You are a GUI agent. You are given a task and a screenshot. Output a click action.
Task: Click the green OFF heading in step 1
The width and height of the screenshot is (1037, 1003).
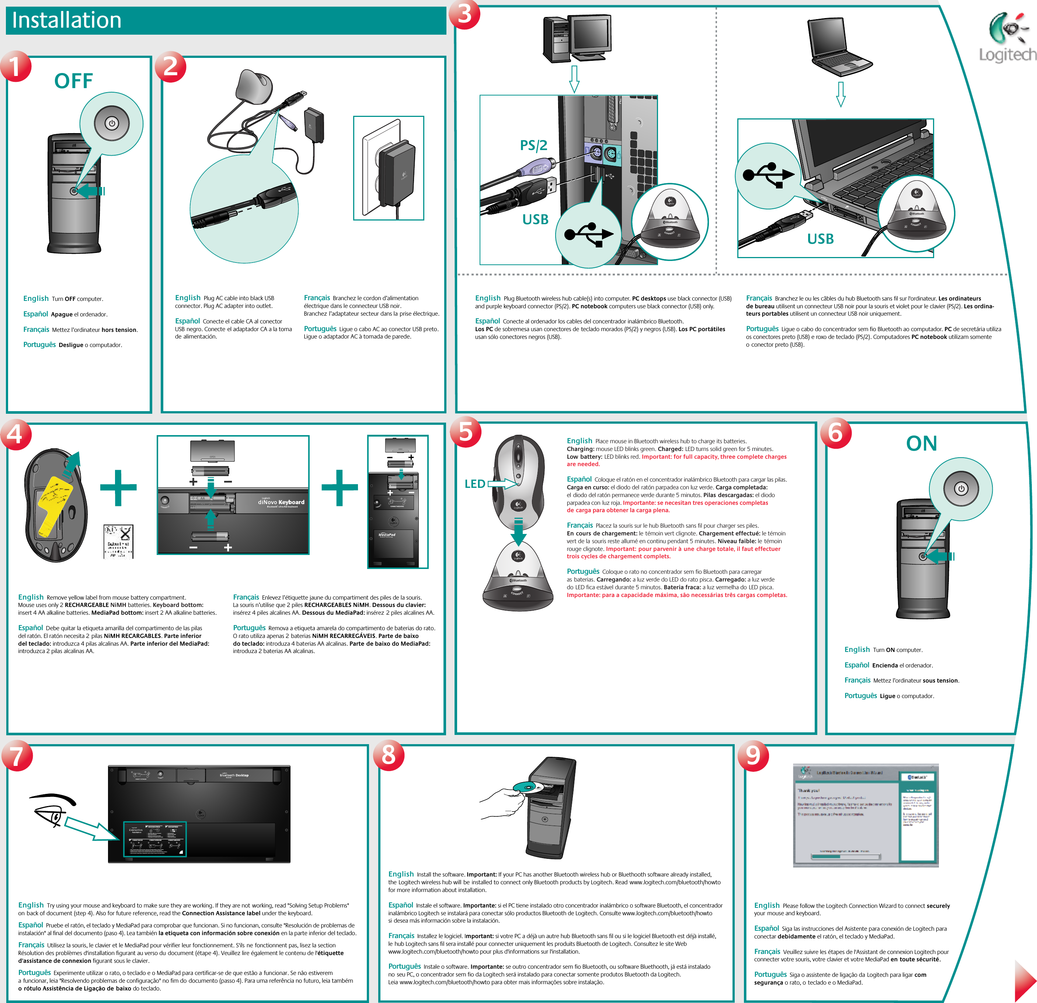73,81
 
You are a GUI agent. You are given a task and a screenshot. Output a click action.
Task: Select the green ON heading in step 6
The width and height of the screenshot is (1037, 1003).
921,444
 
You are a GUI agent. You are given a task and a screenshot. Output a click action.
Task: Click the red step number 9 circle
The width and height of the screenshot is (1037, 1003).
752,755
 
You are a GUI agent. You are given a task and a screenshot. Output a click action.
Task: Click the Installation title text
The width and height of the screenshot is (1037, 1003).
67,20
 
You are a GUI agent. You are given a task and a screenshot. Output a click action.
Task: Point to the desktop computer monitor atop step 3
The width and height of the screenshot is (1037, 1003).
590,33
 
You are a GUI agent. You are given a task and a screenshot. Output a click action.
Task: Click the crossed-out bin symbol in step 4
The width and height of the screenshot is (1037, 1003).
119,541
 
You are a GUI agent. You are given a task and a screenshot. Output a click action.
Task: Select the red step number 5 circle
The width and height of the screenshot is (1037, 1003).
465,431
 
